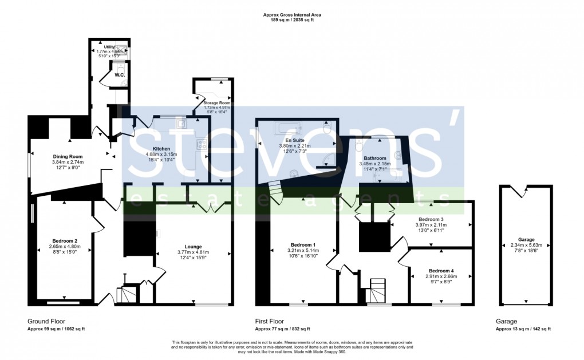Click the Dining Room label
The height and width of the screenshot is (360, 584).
pos(68,156)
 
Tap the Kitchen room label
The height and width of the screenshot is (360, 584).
pos(161,148)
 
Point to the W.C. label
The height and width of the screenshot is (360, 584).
pos(120,75)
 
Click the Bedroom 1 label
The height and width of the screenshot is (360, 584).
pos(302,244)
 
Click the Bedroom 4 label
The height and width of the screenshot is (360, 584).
pos(441,271)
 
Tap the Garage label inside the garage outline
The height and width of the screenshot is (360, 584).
pos(526,239)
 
